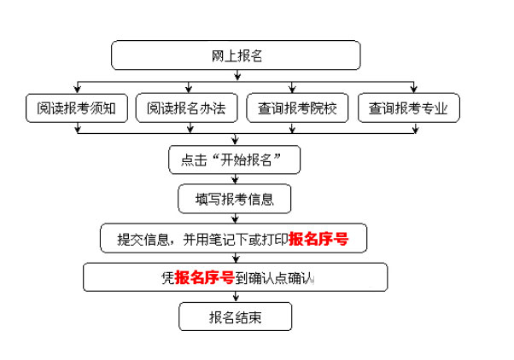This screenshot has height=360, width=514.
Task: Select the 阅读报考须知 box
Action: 77,108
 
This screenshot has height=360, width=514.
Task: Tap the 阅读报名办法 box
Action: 186,108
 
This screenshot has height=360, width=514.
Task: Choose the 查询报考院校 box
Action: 292,108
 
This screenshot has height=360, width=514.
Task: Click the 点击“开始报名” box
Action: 236,160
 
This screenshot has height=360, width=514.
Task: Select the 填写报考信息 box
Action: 236,199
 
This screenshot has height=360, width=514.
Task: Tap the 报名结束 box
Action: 236,318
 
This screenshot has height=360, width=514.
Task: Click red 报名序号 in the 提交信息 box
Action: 318,239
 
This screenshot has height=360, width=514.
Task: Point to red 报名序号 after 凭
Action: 206,277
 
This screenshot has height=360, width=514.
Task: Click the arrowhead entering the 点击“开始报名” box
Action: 236,142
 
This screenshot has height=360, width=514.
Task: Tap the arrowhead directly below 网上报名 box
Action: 236,78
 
